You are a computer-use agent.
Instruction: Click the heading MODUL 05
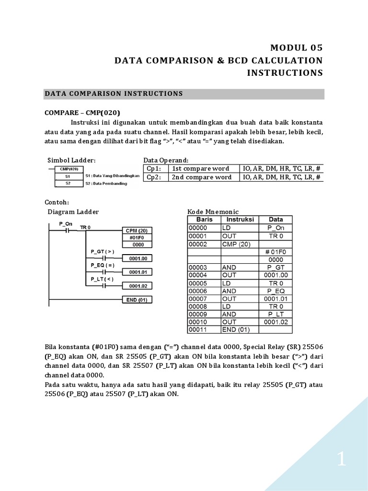pos(297,47)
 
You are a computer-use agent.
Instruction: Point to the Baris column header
pos(203,219)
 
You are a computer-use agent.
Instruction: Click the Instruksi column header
pos(239,219)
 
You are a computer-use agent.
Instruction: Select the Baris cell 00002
pos(203,244)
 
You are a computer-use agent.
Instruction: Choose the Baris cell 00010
pos(203,322)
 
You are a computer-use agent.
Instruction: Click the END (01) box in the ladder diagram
pos(137,300)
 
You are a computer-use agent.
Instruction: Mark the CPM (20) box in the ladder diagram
pos(137,230)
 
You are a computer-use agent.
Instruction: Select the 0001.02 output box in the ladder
pos(137,286)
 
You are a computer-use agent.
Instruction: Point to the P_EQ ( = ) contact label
pos(102,265)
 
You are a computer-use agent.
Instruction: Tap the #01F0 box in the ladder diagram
pos(137,237)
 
